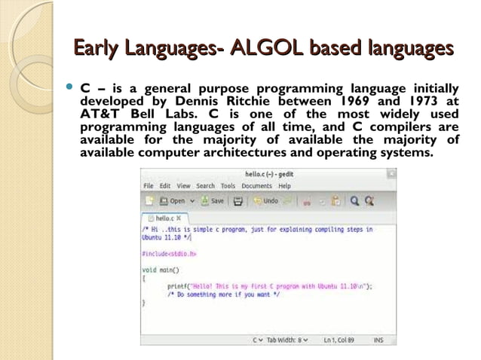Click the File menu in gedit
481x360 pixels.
(149, 185)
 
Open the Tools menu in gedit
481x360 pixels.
(228, 185)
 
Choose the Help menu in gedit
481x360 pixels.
(283, 185)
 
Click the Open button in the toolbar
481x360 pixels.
(173, 201)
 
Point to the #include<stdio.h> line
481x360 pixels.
(169, 254)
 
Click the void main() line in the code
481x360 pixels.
(161, 270)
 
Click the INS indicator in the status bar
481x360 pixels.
(378, 340)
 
